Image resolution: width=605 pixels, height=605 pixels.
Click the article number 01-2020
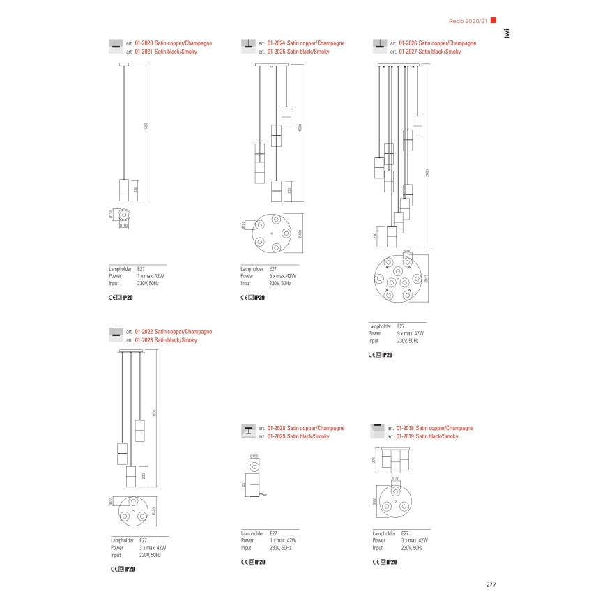coord(141,43)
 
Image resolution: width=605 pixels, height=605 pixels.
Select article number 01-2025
coord(277,52)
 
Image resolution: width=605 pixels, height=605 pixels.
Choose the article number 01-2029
coord(277,436)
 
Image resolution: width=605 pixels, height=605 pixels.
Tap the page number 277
coord(490,584)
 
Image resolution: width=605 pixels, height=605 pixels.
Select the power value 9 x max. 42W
coord(411,333)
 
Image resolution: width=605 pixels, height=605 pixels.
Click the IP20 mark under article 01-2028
coord(258,562)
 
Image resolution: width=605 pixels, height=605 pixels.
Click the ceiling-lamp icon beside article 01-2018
coord(377,429)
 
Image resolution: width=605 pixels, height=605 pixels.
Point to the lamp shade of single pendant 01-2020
coord(124,188)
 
